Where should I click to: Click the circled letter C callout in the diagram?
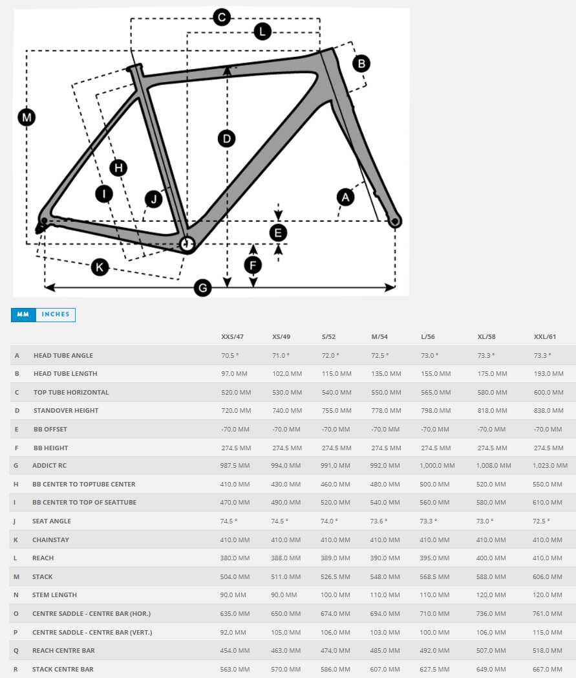pyautogui.click(x=222, y=17)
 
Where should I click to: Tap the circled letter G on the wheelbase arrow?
pyautogui.click(x=203, y=288)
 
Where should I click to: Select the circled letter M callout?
pyautogui.click(x=27, y=118)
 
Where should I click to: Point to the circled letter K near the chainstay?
pyautogui.click(x=100, y=267)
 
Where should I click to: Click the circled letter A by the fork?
pyautogui.click(x=346, y=197)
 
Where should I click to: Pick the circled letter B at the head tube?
pyautogui.click(x=361, y=63)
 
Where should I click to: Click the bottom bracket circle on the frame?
pyautogui.click(x=187, y=243)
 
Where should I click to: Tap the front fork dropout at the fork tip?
pyautogui.click(x=394, y=222)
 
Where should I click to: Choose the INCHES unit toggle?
pyautogui.click(x=56, y=314)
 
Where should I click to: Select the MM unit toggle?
pyautogui.click(x=23, y=314)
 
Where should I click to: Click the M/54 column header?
pyautogui.click(x=379, y=337)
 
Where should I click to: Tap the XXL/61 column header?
pyautogui.click(x=545, y=337)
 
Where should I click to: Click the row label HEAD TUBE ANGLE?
pyautogui.click(x=63, y=355)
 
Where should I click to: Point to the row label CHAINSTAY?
pyautogui.click(x=50, y=540)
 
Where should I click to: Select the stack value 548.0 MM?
pyautogui.click(x=386, y=576)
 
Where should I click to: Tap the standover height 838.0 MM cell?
pyautogui.click(x=548, y=410)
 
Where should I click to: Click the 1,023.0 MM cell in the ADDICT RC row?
pyautogui.click(x=550, y=465)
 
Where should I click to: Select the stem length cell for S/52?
pyautogui.click(x=336, y=595)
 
